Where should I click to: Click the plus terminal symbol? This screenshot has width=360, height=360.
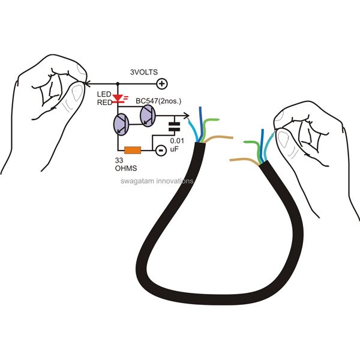[162, 84]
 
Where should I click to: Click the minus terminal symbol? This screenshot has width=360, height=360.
[161, 151]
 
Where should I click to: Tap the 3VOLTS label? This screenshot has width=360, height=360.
[144, 72]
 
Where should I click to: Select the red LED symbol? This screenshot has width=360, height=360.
[119, 98]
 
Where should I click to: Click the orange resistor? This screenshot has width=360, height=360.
[133, 150]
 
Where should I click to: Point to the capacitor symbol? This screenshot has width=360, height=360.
[175, 127]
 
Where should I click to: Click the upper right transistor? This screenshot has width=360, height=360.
[148, 116]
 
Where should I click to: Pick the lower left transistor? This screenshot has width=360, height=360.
[121, 125]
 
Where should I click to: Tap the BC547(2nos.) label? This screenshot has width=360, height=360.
[158, 101]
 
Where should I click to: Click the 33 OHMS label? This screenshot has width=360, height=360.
[126, 164]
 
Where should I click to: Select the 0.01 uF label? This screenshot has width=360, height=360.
[177, 145]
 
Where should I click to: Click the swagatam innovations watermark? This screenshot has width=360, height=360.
[157, 181]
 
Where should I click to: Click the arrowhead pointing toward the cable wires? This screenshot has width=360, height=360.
[187, 116]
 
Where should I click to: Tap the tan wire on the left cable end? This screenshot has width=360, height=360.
[218, 138]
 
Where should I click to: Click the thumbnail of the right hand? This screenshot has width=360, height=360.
[283, 139]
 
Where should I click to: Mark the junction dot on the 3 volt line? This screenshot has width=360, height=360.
[118, 84]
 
